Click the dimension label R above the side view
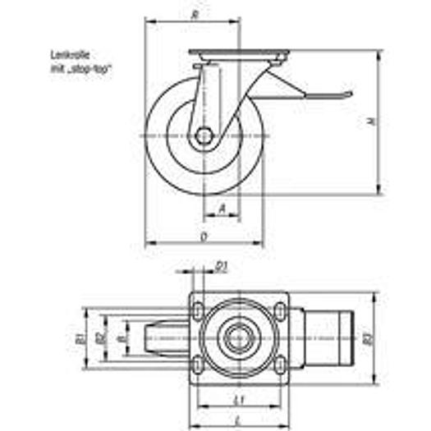pyautogui.click(x=193, y=14)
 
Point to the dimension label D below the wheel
pyautogui.click(x=203, y=236)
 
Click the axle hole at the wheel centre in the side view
pyautogui.click(x=204, y=135)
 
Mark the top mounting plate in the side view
pyautogui.click(x=238, y=55)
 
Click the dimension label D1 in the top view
pyautogui.click(x=222, y=264)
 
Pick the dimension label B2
pyautogui.click(x=100, y=337)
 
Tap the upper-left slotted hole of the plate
pyautogui.click(x=199, y=309)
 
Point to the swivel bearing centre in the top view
pyautogui.click(x=238, y=337)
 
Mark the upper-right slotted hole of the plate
pyautogui.click(x=277, y=309)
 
